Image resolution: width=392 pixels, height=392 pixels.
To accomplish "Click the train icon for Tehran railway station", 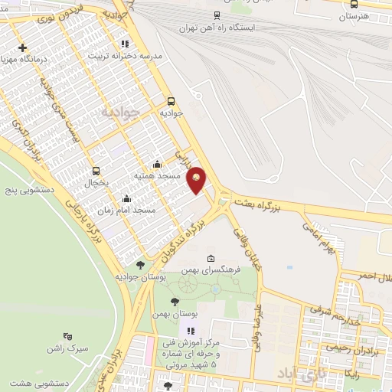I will click(x=217, y=15).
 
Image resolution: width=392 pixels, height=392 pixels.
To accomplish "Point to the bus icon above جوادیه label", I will click(x=170, y=100).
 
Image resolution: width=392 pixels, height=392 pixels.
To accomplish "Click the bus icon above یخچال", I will click(x=96, y=171).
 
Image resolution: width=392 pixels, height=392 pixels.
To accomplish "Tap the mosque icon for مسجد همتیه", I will click(x=158, y=164).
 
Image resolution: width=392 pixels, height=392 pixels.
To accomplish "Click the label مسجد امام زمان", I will click(x=127, y=209).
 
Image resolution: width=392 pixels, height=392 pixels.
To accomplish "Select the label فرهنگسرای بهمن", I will click(x=211, y=270).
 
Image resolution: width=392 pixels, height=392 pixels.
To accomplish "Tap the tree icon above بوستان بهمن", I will click(x=175, y=302).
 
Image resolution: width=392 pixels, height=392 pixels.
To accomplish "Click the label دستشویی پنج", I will click(x=24, y=188).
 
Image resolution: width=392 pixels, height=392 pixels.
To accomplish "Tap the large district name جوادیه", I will click(x=120, y=113).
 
